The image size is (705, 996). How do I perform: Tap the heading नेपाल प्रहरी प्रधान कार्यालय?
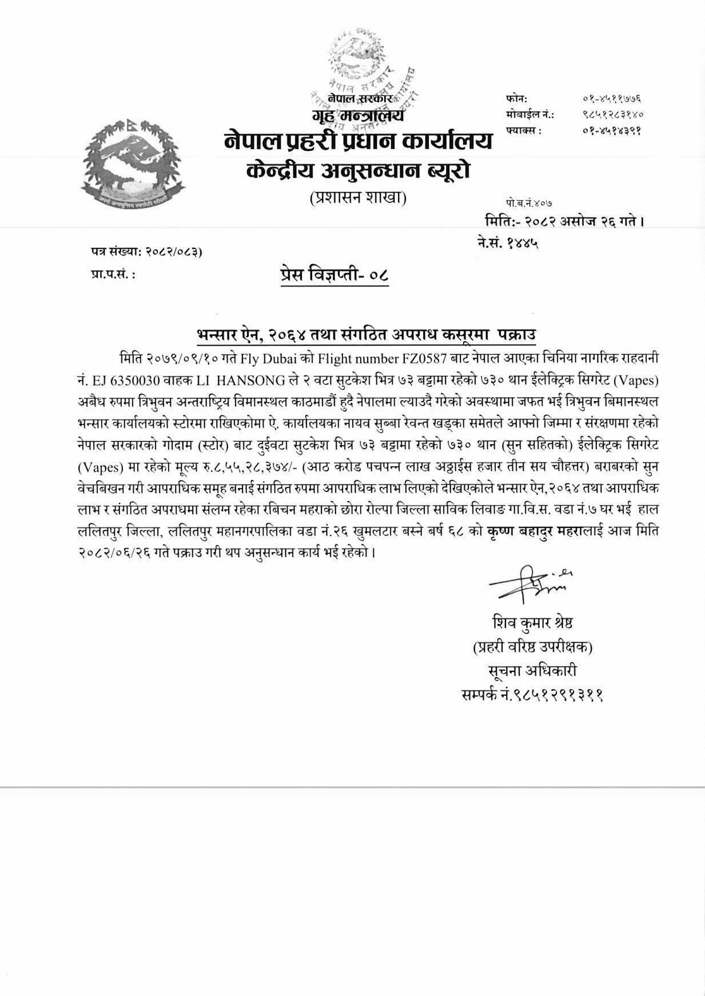click(x=359, y=141)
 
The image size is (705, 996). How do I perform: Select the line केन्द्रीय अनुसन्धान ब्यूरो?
click(x=359, y=170)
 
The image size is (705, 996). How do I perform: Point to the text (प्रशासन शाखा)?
click(x=358, y=198)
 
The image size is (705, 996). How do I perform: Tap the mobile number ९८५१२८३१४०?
click(x=610, y=114)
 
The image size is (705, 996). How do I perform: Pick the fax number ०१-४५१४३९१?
click(x=610, y=130)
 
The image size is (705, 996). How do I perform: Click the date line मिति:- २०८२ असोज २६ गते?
click(x=564, y=220)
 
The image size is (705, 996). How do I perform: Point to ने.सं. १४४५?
click(x=508, y=243)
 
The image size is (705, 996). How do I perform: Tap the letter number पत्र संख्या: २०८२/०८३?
click(x=146, y=251)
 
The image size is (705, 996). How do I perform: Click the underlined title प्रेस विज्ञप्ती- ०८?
click(x=334, y=275)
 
